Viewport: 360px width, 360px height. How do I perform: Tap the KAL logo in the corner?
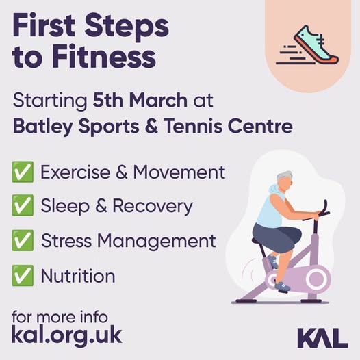click(322, 337)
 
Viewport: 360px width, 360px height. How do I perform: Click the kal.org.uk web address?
click(66, 335)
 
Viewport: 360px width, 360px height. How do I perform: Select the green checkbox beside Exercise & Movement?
click(23, 172)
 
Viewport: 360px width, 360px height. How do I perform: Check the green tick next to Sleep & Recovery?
click(23, 205)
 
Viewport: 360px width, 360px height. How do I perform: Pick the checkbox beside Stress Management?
click(23, 240)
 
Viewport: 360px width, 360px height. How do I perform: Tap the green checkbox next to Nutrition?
click(23, 276)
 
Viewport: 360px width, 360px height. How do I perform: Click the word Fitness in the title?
click(104, 56)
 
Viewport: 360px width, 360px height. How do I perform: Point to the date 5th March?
click(140, 100)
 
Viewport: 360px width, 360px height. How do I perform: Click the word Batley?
click(43, 127)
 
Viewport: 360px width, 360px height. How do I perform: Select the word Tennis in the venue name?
click(193, 126)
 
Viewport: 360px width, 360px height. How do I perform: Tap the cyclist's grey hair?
click(284, 177)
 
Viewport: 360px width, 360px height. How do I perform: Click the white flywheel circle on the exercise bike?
click(317, 279)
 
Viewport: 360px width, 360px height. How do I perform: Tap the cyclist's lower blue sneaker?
click(283, 286)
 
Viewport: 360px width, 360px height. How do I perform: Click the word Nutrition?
click(78, 276)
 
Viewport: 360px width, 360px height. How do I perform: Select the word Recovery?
click(153, 206)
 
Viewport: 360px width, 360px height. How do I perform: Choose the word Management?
click(156, 241)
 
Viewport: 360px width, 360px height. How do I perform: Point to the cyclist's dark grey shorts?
click(277, 237)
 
